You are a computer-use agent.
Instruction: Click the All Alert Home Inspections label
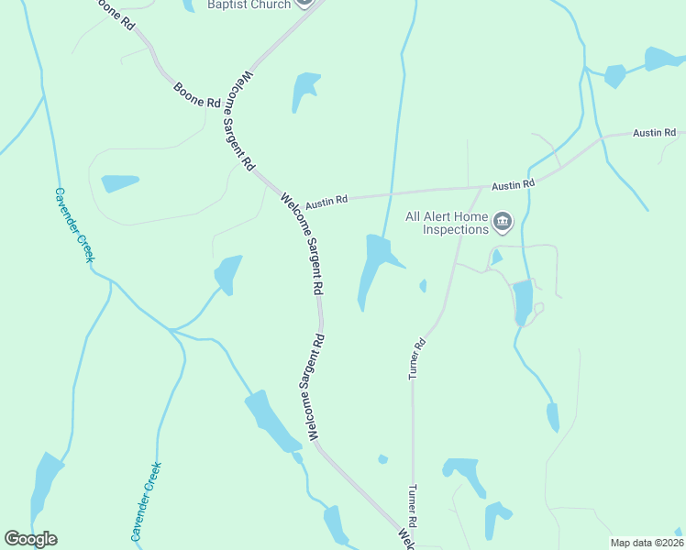[x=447, y=224]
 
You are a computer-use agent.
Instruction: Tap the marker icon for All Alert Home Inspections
[x=503, y=222]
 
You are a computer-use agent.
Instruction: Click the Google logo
[x=30, y=539]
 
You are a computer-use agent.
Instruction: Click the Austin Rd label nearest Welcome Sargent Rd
[x=327, y=201]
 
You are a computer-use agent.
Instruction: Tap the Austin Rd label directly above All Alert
[x=513, y=185]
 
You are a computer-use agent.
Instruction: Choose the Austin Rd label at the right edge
[x=654, y=133]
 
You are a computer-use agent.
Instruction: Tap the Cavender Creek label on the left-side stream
[x=73, y=225]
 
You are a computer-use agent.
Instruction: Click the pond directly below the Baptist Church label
[x=304, y=90]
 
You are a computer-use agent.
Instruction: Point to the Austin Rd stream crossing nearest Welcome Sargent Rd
[x=392, y=194]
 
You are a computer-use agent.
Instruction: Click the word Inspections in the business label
[x=456, y=230]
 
